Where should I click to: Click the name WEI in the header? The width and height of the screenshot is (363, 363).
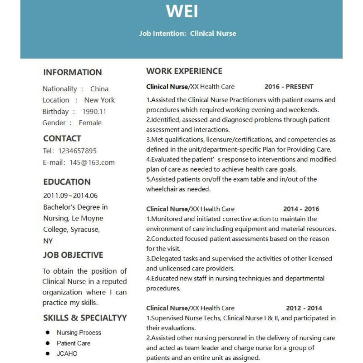click(x=182, y=11)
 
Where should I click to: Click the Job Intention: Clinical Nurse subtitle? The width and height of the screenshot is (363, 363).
click(x=187, y=33)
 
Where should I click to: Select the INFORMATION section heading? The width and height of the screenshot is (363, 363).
click(x=73, y=72)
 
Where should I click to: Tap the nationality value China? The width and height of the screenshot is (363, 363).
click(x=99, y=89)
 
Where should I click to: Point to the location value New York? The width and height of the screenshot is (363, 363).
click(x=99, y=100)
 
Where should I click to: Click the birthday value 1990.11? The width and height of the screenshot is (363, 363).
click(x=94, y=112)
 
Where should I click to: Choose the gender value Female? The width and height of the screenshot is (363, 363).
click(x=90, y=123)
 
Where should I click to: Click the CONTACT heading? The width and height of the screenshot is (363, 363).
click(x=62, y=138)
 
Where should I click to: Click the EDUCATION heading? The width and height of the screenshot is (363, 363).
click(x=67, y=182)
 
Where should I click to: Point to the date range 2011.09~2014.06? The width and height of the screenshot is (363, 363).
click(x=70, y=196)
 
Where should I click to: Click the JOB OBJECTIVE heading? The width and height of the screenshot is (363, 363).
click(x=73, y=255)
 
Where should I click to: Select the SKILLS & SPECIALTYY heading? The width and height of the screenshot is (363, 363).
click(x=85, y=318)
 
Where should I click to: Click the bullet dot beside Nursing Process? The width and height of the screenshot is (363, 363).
click(x=47, y=333)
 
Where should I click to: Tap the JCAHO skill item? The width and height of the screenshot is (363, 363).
click(x=67, y=353)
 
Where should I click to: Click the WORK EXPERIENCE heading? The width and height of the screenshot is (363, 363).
click(x=184, y=71)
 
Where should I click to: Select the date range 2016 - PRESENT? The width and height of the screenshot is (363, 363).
click(x=289, y=87)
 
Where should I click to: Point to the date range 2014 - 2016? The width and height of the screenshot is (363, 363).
click(x=301, y=209)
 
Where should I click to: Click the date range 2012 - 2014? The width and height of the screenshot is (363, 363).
click(x=304, y=308)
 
